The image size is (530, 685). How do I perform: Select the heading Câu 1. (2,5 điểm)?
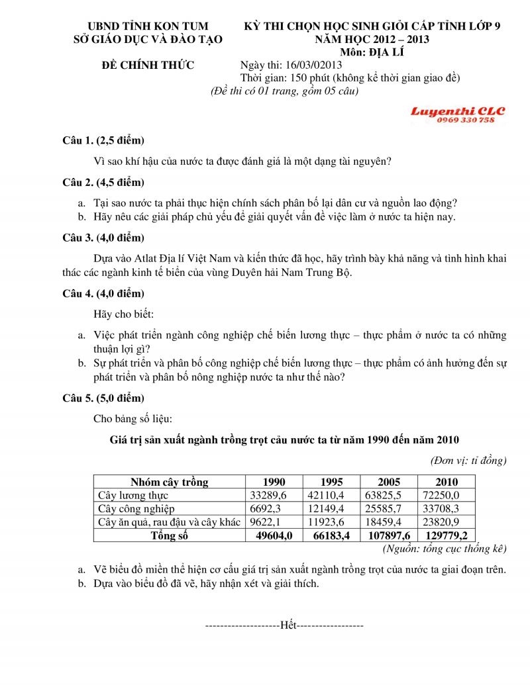coord(103,141)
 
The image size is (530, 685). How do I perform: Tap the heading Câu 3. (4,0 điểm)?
coord(103,238)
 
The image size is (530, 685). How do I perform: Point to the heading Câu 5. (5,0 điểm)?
coord(103,398)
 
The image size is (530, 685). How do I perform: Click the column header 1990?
coord(274,482)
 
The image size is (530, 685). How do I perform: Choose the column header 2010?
coord(447,482)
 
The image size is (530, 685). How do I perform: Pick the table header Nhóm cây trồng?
coord(169,482)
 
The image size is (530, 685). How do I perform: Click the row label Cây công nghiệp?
coord(136,509)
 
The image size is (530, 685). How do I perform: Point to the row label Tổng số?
coord(169,536)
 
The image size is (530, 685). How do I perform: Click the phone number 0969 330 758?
coord(466,120)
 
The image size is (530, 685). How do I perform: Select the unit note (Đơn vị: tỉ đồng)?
coord(468,460)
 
